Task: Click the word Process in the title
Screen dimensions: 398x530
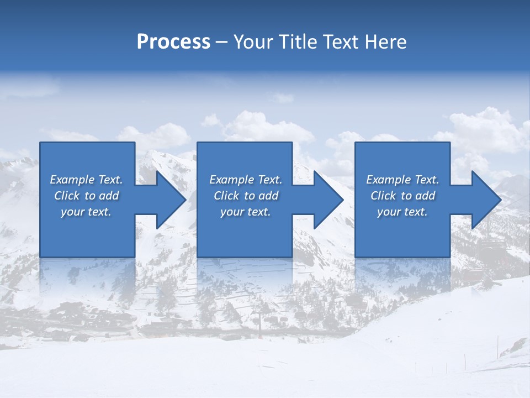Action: [x=173, y=42]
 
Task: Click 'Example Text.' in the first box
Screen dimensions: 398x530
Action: [x=86, y=180]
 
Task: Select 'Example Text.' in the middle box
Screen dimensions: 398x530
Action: [x=246, y=180]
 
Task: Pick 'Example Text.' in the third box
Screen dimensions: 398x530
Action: [x=402, y=180]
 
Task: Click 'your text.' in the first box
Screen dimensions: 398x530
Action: [x=86, y=212]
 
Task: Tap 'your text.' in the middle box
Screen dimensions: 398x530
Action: [x=246, y=212]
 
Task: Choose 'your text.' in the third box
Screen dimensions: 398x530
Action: [x=402, y=212]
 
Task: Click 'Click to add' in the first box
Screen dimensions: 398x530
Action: [x=86, y=196]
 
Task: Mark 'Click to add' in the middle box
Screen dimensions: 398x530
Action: [x=246, y=196]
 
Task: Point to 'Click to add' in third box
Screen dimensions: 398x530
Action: [x=402, y=196]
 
